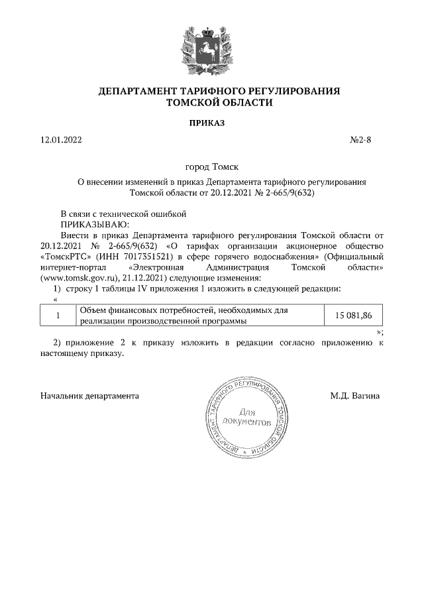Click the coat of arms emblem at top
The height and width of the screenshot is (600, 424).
coord(211,46)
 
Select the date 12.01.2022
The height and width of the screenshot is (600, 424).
coord(62,140)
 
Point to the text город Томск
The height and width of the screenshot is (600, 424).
coord(211,168)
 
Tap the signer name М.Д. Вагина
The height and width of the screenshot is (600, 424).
coord(355,396)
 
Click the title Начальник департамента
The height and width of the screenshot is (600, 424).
coord(89,396)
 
